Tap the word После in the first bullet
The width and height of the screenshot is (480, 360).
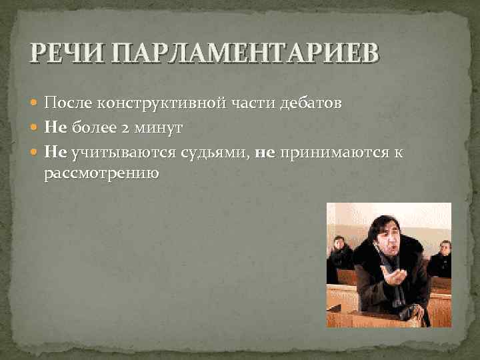point(68,103)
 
